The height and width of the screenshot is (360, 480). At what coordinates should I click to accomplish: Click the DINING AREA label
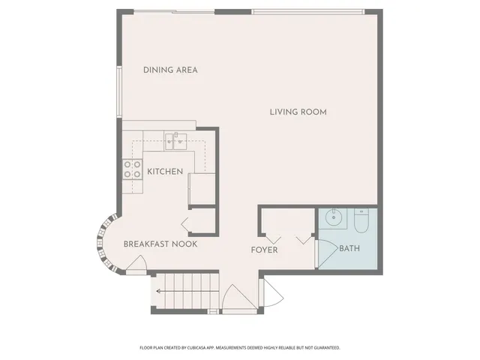pyautogui.click(x=170, y=70)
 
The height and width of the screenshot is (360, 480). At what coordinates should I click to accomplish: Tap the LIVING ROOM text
pyautogui.click(x=298, y=112)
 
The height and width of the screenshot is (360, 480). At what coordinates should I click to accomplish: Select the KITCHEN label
pyautogui.click(x=165, y=172)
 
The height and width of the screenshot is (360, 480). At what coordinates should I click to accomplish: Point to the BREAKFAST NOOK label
pyautogui.click(x=160, y=244)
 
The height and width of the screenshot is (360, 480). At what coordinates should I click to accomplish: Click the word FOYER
pyautogui.click(x=264, y=250)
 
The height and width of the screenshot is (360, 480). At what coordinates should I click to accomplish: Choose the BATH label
pyautogui.click(x=349, y=248)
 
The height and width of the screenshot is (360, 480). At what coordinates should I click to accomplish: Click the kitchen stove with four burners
pyautogui.click(x=133, y=170)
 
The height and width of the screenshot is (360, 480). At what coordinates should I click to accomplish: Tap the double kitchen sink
pyautogui.click(x=175, y=137)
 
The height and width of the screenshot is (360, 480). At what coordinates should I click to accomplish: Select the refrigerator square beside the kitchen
pyautogui.click(x=201, y=188)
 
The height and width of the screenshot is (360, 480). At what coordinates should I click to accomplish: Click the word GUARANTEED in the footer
pyautogui.click(x=324, y=348)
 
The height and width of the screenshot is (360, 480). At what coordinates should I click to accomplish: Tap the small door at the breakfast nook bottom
pyautogui.click(x=136, y=263)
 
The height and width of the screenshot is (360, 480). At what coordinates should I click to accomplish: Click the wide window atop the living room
pyautogui.click(x=307, y=11)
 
